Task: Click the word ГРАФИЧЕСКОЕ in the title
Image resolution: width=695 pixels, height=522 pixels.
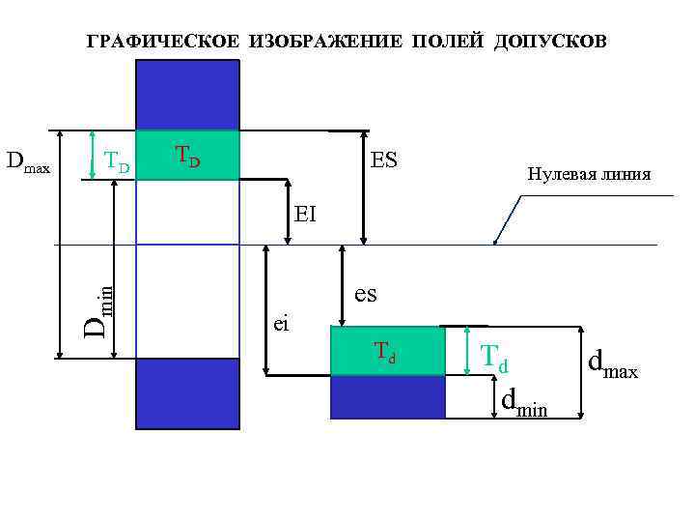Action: pyautogui.click(x=163, y=43)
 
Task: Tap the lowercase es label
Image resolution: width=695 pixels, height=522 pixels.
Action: pyautogui.click(x=366, y=293)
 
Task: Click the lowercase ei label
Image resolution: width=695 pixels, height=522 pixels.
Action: pyautogui.click(x=281, y=324)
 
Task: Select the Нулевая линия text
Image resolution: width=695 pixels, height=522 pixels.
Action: pyautogui.click(x=589, y=175)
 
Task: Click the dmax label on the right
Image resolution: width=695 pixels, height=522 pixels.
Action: pyautogui.click(x=613, y=364)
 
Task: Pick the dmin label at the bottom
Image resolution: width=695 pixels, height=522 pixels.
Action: pyautogui.click(x=524, y=403)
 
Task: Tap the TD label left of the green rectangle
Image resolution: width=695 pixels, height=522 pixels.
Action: pyautogui.click(x=116, y=162)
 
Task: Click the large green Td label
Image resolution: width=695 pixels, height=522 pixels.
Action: pyautogui.click(x=494, y=360)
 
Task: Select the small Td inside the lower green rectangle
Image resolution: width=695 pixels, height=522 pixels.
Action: pyautogui.click(x=385, y=355)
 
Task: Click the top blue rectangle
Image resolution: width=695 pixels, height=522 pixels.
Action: pyautogui.click(x=187, y=95)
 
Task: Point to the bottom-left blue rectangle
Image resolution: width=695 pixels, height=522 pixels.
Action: pyautogui.click(x=187, y=389)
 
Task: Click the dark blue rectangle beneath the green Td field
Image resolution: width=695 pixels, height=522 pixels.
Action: pyautogui.click(x=388, y=396)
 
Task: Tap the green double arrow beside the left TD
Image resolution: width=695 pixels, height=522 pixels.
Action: pyautogui.click(x=92, y=155)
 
